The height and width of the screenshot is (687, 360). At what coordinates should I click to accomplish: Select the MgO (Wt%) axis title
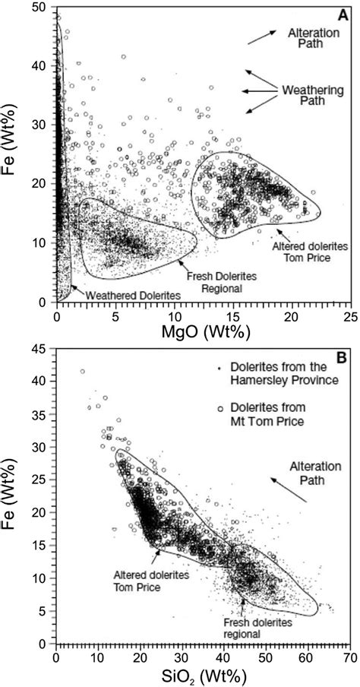click(203, 331)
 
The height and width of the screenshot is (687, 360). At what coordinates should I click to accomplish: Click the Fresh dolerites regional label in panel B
click(248, 628)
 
